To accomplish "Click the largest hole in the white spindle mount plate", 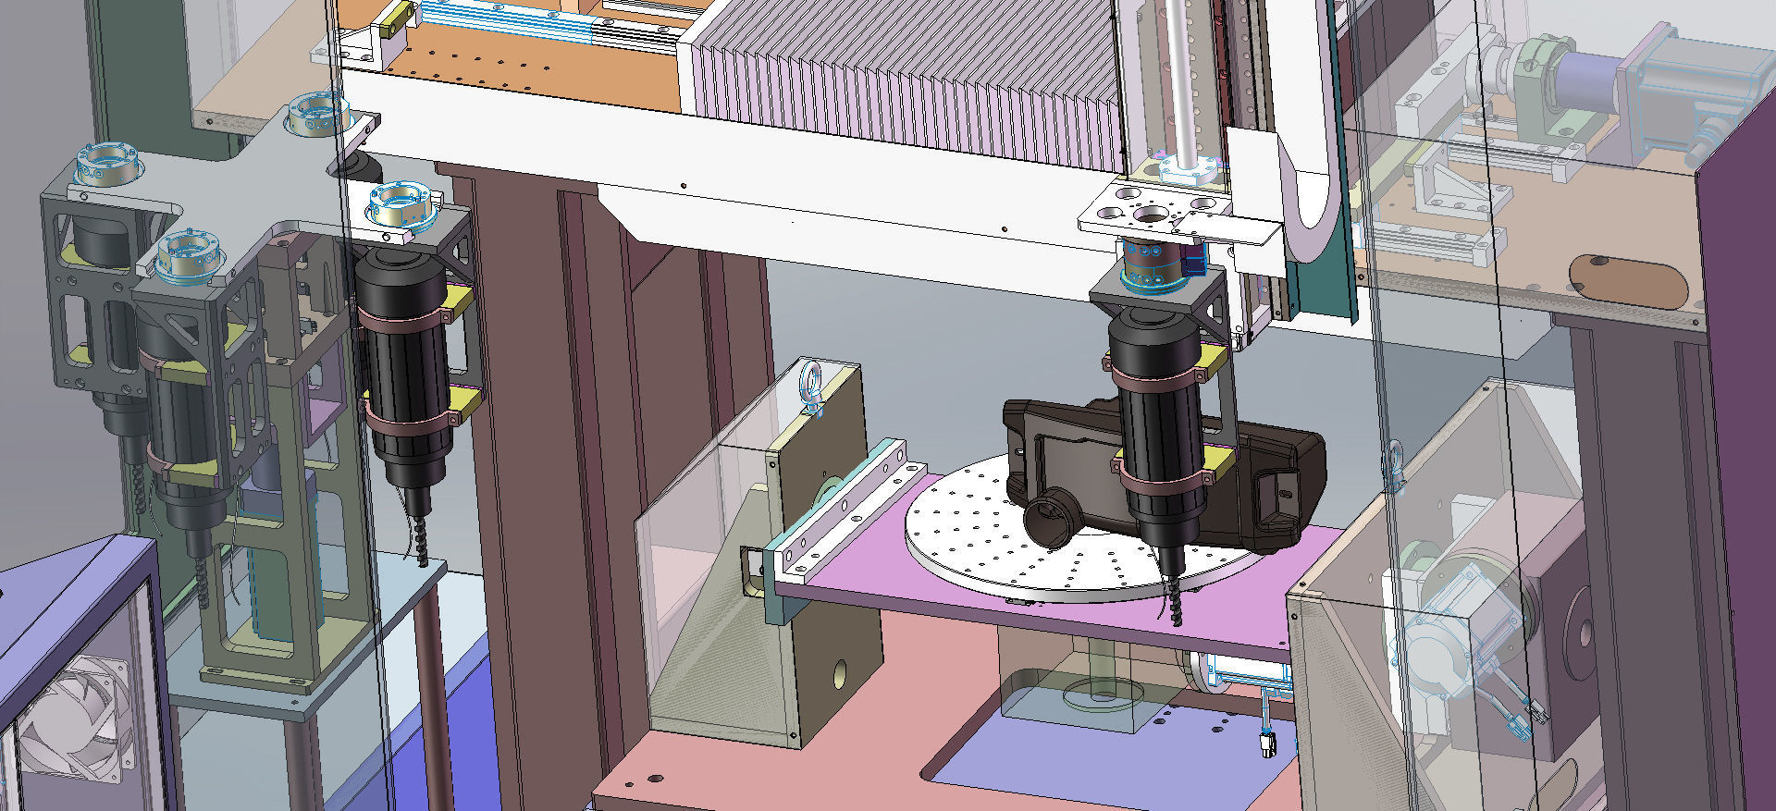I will pyautogui.click(x=1151, y=215).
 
